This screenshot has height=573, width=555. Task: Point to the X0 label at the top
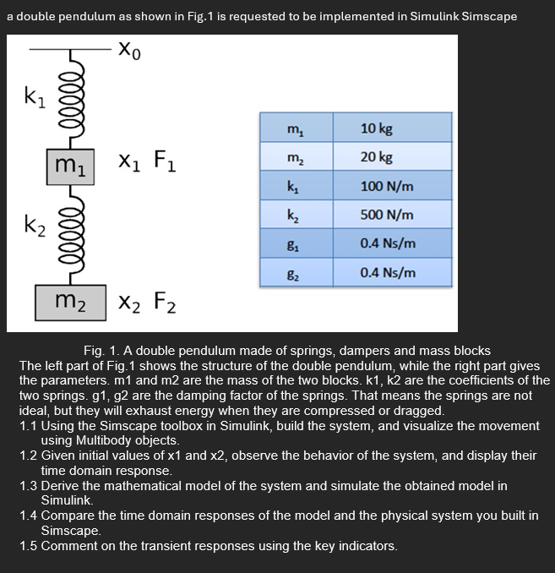click(128, 52)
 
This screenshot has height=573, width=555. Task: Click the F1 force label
click(165, 160)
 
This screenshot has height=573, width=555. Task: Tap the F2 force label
click(165, 301)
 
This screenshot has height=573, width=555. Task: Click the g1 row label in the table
click(293, 244)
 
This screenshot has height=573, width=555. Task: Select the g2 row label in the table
click(293, 273)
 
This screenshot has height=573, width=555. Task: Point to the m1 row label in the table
click(293, 128)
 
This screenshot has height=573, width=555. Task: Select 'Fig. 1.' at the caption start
click(102, 351)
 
